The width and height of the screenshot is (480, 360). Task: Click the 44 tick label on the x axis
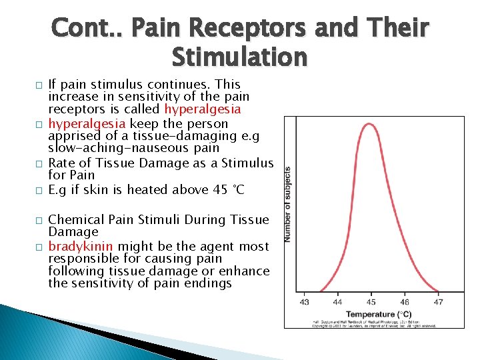337,302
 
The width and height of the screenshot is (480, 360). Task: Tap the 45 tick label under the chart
370,302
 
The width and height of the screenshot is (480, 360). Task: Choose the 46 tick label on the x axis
404,302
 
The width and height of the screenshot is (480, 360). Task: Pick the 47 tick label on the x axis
438,302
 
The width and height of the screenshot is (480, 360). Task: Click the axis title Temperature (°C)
378,314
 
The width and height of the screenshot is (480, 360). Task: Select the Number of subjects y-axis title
289,204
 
